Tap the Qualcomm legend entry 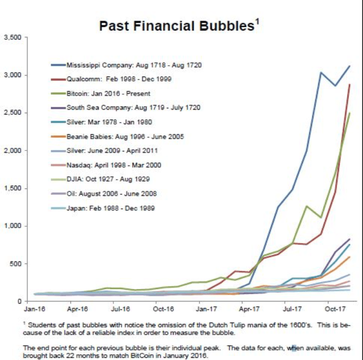coord(119,79)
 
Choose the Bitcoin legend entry coord(108,94)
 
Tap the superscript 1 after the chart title coord(258,21)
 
